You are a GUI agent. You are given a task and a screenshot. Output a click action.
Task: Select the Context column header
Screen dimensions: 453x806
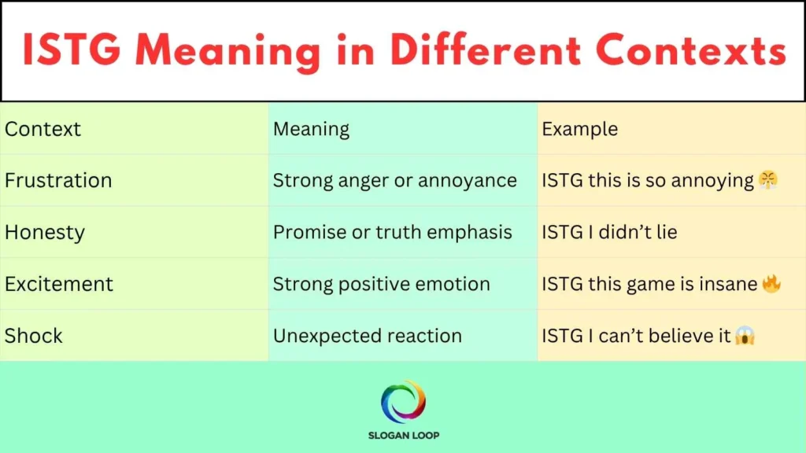tap(43, 129)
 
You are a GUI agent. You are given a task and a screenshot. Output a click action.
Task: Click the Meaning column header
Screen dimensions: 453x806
tap(311, 129)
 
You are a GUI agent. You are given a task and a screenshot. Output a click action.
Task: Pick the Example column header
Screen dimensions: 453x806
tap(579, 129)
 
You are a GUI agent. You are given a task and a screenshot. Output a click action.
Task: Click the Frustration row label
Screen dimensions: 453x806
tap(58, 181)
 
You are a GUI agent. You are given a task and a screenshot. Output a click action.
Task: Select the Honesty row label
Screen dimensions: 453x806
tap(45, 233)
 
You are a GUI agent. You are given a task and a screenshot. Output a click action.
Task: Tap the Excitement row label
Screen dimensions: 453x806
tap(59, 284)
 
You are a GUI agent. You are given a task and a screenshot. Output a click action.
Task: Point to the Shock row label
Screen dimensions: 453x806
tap(34, 336)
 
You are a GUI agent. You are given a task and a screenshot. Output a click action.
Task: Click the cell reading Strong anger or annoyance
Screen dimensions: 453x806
tap(394, 181)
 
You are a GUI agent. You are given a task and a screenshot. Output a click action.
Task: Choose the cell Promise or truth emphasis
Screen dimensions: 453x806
tap(392, 233)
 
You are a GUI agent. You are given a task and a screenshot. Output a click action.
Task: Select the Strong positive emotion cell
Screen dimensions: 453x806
tap(381, 284)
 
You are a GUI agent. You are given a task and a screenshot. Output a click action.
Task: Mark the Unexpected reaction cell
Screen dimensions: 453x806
tap(367, 336)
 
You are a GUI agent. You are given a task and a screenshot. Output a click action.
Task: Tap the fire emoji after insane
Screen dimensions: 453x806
tap(771, 284)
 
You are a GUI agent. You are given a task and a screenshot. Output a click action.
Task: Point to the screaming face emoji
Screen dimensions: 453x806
tap(745, 336)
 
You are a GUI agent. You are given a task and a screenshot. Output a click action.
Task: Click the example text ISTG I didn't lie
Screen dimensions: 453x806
tap(609, 233)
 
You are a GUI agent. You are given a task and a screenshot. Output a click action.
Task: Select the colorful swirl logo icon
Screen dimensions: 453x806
tap(403, 402)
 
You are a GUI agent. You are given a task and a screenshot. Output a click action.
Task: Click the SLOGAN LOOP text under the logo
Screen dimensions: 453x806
tap(403, 435)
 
